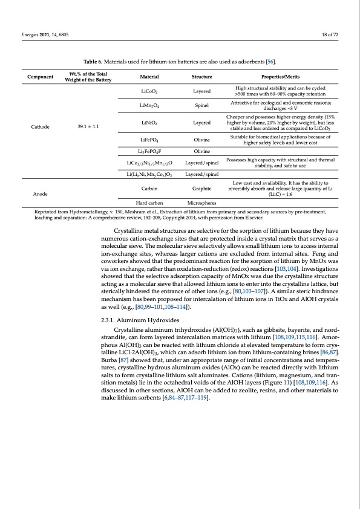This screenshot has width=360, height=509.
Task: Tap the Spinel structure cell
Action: pyautogui.click(x=201, y=105)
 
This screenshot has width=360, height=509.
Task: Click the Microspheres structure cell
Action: pyautogui.click(x=201, y=203)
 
